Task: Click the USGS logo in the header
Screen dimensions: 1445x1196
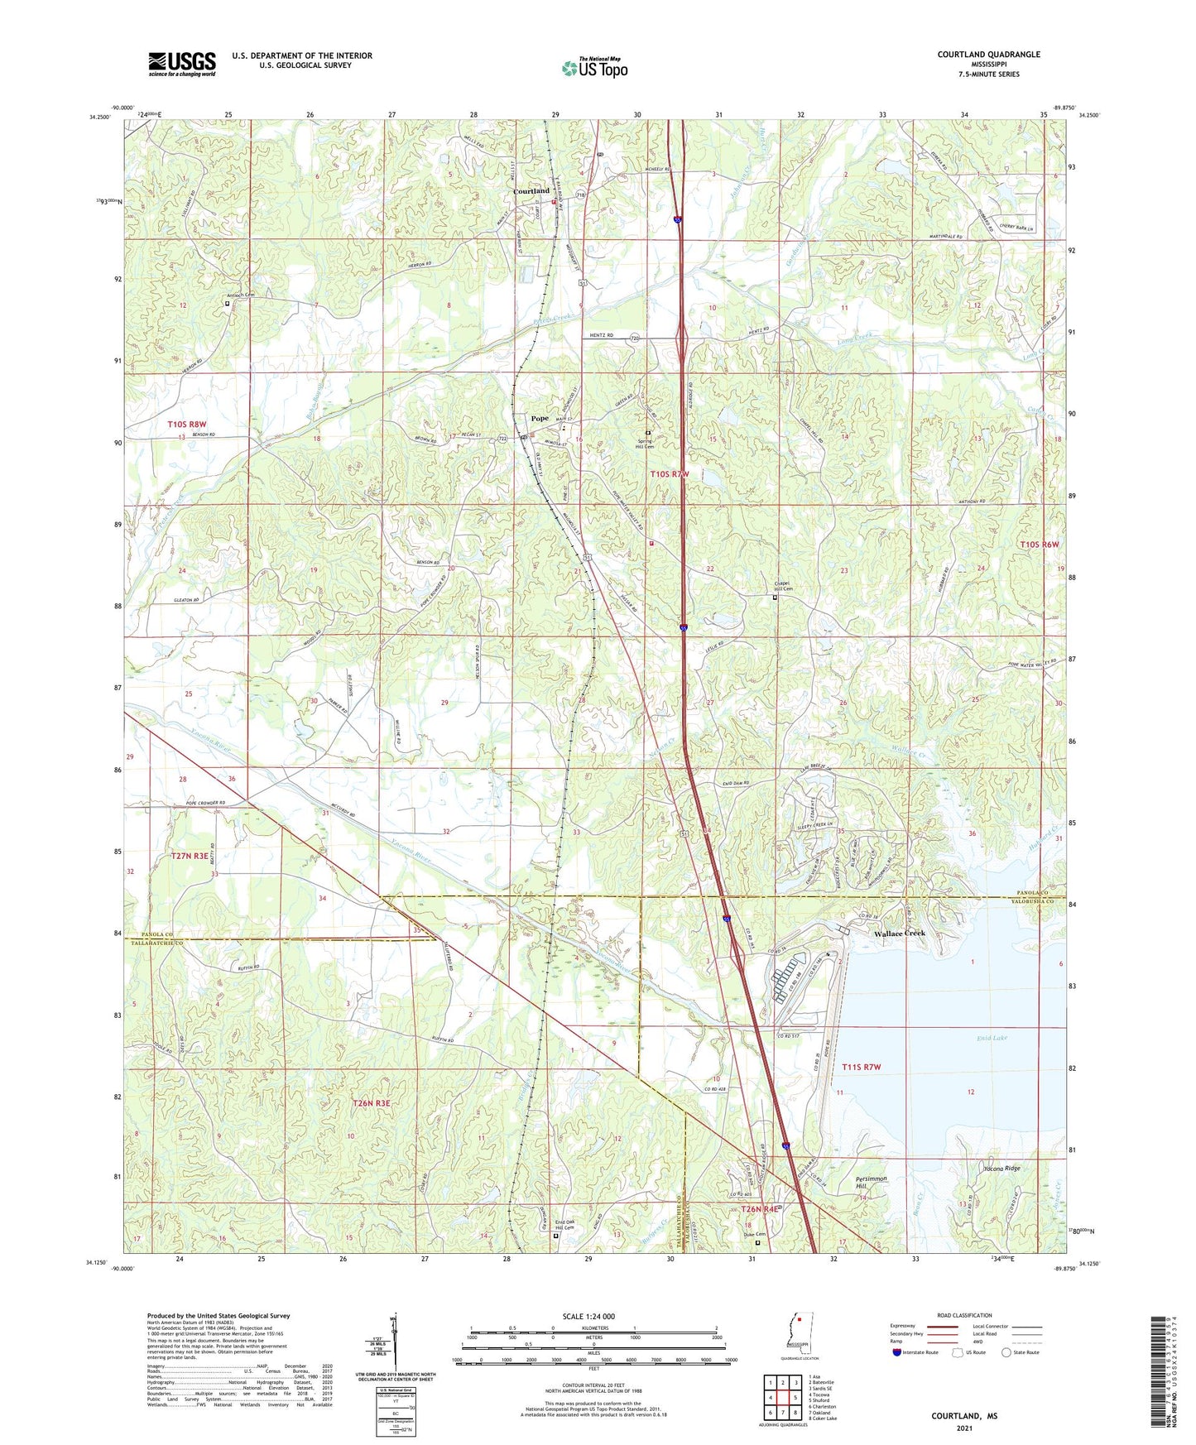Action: click(181, 64)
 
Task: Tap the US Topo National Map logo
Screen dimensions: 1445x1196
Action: click(594, 68)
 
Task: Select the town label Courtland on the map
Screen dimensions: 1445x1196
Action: click(531, 191)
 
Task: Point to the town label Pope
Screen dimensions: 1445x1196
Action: click(539, 419)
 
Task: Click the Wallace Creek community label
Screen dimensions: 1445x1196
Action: click(899, 934)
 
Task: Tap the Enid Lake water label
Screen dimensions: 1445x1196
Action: click(992, 1037)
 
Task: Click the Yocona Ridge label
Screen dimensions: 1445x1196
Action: click(1001, 1169)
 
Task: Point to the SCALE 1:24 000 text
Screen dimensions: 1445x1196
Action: click(588, 1317)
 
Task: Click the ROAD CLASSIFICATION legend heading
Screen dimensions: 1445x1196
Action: click(964, 1315)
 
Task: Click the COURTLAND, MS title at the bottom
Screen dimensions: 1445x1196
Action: click(964, 1416)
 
